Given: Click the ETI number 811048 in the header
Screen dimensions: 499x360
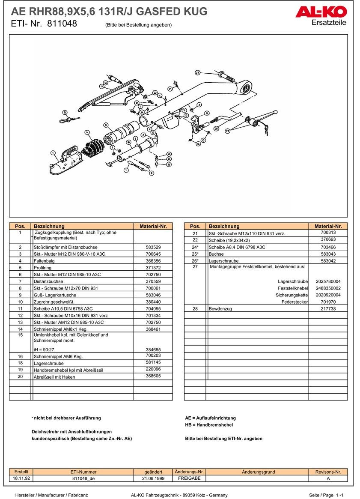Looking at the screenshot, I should point(62,24).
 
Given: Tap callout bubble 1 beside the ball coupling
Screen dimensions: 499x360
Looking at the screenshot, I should point(53,152).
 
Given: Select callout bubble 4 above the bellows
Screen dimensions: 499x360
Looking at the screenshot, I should point(87,132).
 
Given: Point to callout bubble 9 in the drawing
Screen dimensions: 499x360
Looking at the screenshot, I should point(105,125).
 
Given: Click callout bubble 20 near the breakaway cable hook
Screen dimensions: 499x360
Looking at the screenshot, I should point(65,113).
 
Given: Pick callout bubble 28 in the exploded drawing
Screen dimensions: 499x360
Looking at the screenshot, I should point(216,128).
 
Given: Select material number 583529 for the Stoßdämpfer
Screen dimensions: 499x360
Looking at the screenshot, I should point(153,247).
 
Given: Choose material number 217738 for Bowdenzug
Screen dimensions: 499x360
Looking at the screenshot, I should point(328,308).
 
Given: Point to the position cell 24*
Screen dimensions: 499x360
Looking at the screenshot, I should point(195,247).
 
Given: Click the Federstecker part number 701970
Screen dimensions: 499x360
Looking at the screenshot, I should point(328,302).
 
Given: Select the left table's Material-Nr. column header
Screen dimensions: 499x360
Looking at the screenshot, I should point(153,226).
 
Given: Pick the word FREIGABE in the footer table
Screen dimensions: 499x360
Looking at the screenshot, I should point(189,478).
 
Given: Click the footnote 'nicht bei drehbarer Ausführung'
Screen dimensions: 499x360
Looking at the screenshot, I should point(67,418).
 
